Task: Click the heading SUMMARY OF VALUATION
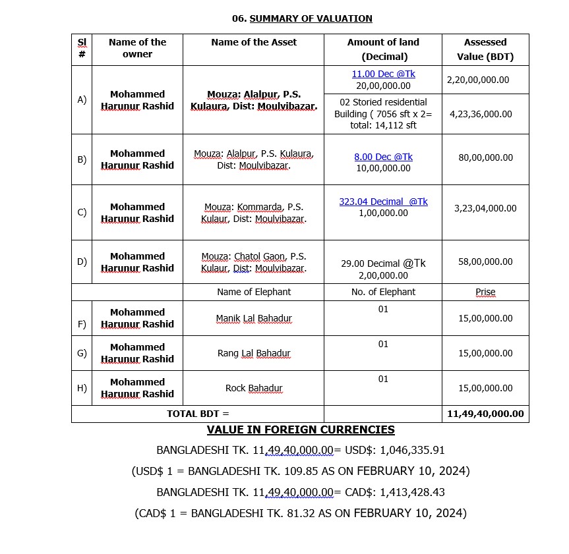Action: [311, 18]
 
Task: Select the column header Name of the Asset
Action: [254, 42]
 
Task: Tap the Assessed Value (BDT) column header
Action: [485, 49]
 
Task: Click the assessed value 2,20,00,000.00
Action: [478, 80]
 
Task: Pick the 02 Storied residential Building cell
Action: [383, 113]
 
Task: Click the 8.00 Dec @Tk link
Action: [383, 157]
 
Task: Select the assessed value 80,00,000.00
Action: [485, 157]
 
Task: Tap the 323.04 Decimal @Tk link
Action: [383, 202]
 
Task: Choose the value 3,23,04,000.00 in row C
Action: [485, 208]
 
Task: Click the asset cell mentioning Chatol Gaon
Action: [254, 262]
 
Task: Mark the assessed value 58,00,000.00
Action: [485, 262]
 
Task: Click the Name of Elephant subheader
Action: [254, 292]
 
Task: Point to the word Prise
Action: [485, 292]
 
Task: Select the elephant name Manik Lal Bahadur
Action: [254, 318]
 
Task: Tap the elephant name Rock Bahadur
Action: [254, 388]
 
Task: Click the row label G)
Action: [82, 352]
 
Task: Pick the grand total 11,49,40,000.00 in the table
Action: [485, 414]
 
